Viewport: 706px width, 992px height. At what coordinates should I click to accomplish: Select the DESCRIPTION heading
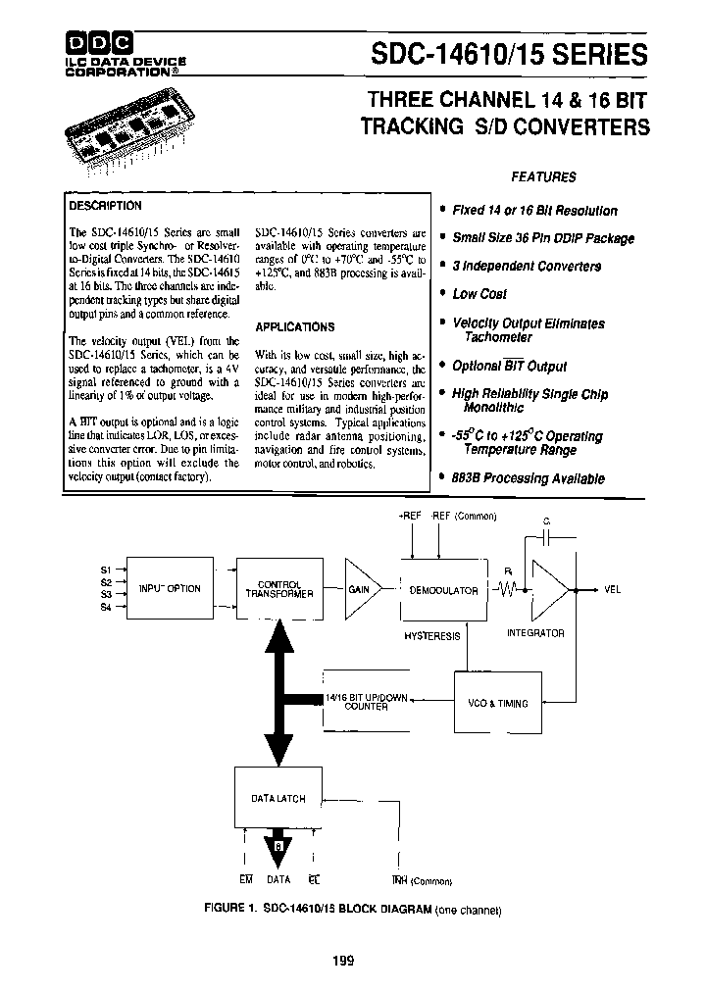tap(105, 206)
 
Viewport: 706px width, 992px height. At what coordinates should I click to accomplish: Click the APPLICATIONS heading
tap(294, 326)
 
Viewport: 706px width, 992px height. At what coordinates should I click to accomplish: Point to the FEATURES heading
tap(543, 177)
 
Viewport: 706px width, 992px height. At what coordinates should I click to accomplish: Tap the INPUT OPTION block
tap(170, 589)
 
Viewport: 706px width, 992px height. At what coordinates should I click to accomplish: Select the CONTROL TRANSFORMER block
tap(278, 589)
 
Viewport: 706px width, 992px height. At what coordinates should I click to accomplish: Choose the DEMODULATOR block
tap(443, 590)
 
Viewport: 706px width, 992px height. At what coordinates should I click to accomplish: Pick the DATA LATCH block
tap(277, 798)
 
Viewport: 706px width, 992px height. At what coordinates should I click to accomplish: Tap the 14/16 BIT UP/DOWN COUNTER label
tap(365, 702)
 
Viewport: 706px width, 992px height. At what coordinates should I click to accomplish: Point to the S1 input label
tap(107, 570)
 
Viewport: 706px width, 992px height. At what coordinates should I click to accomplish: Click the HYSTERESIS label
tap(432, 636)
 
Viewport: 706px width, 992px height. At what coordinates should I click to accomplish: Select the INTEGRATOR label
tap(535, 633)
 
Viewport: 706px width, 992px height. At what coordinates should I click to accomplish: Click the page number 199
tap(342, 961)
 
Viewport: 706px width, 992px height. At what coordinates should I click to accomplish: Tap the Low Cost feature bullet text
tap(479, 294)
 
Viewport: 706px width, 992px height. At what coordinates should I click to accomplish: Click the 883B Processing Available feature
tap(528, 479)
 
